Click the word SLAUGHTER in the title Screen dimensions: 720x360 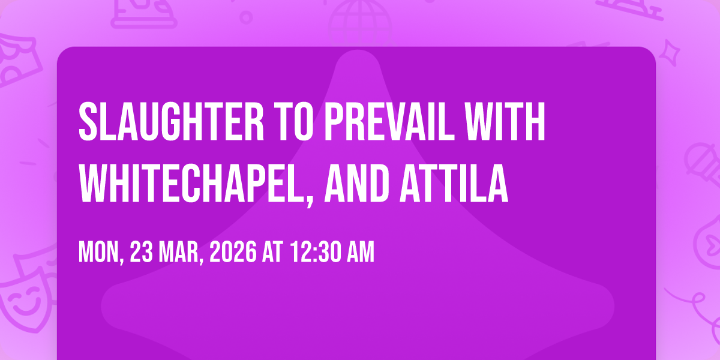point(172,121)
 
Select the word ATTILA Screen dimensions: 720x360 point(454,183)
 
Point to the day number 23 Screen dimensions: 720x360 point(142,253)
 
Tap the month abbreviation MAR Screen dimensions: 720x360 point(179,253)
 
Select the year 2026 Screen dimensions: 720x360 point(233,253)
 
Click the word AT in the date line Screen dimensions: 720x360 point(272,253)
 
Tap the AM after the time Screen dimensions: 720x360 point(361,253)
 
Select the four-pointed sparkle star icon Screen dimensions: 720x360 point(670,52)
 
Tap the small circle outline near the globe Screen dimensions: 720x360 point(246,17)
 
